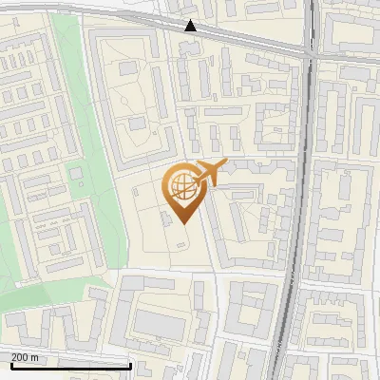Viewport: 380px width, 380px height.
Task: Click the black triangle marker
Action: click(x=191, y=26)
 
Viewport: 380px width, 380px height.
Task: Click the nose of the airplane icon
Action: click(x=224, y=164)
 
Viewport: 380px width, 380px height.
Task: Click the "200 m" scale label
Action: click(x=26, y=356)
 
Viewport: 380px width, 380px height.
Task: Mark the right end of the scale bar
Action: click(x=130, y=366)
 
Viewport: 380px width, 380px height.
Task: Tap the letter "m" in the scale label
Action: click(x=35, y=356)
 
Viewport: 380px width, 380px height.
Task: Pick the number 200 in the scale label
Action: click(x=20, y=356)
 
